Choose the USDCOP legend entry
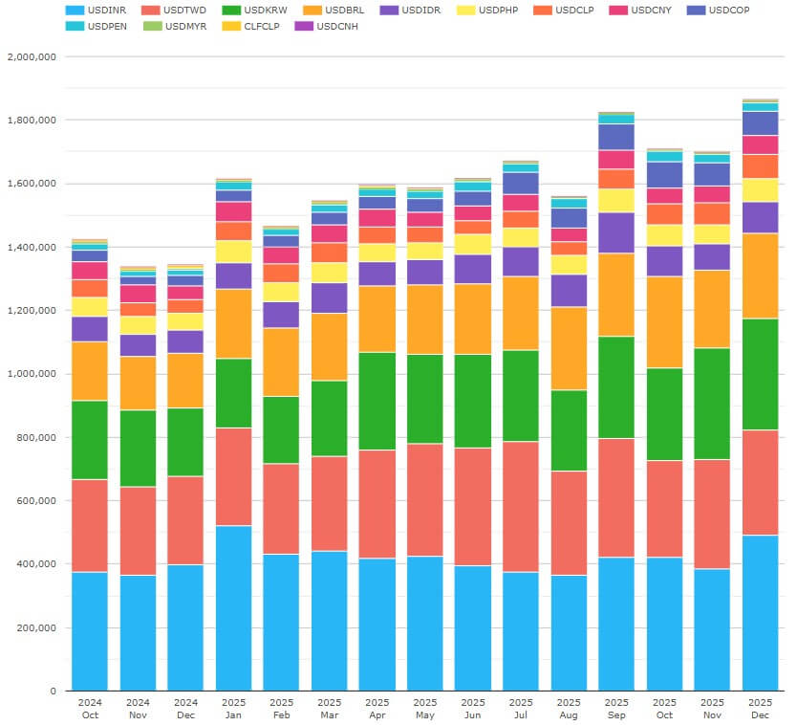click(726, 10)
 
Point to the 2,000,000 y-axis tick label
click(32, 56)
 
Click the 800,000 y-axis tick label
click(37, 437)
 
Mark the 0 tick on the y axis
click(53, 691)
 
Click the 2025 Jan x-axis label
click(233, 707)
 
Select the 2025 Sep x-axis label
click(616, 707)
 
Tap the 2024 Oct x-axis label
click(90, 707)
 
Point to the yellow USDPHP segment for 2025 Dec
click(760, 190)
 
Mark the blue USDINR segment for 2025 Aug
click(569, 632)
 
